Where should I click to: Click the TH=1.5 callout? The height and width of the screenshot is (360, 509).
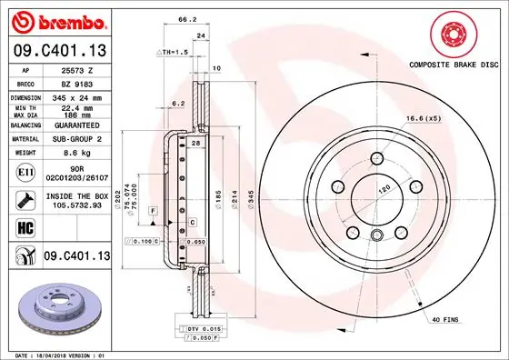click(175, 53)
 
